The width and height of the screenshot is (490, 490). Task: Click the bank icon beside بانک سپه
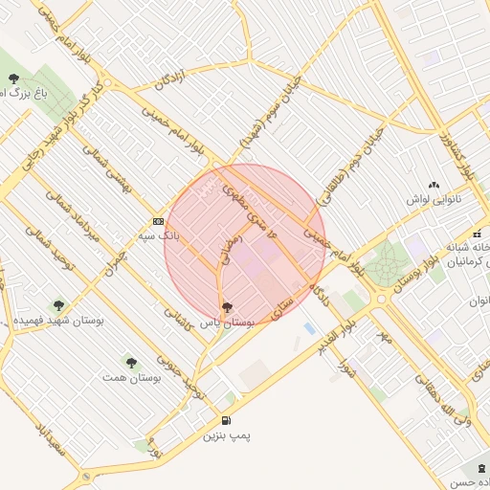(x=157, y=222)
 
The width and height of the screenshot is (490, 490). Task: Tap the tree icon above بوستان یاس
(x=226, y=307)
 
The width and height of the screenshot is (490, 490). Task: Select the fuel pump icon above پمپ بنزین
(x=226, y=420)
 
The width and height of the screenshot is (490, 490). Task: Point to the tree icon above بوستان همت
(x=130, y=362)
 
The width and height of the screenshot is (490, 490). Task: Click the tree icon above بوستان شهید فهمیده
(x=59, y=305)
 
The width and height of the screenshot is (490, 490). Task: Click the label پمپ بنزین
(x=226, y=435)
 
